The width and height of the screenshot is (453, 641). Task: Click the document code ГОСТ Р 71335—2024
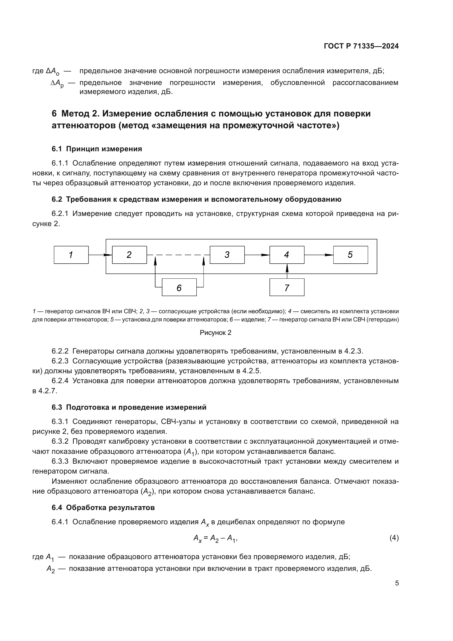[x=361, y=46]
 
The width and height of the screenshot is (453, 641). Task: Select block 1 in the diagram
[x=71, y=255]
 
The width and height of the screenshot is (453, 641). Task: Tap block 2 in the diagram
[x=129, y=255]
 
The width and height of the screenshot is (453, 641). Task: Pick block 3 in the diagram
[x=227, y=255]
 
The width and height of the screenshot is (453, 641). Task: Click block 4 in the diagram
[x=287, y=255]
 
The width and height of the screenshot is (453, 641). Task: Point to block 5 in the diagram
[x=350, y=255]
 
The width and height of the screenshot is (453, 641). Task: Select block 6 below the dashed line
[x=179, y=287]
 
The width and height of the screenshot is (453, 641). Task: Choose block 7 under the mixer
[x=287, y=287]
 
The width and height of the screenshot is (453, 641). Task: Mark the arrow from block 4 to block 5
[x=319, y=255]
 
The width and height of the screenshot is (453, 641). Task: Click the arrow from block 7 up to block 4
[x=287, y=271]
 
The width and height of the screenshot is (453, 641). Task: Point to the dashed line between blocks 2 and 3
[x=179, y=255]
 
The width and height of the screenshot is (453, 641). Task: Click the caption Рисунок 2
[x=215, y=332]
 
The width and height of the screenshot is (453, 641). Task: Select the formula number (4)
[x=394, y=537]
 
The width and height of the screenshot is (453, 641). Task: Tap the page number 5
[x=397, y=583]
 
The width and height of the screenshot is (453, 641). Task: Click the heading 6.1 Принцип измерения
[x=96, y=149]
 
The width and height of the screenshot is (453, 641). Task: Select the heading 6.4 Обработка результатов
[x=103, y=507]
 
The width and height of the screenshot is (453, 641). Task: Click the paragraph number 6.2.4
[x=60, y=381]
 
